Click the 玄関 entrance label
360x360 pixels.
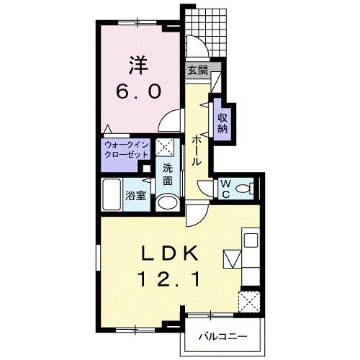[x=197, y=71]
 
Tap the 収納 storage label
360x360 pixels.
[x=222, y=123]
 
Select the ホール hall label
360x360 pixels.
[x=197, y=150]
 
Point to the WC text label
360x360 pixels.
[x=225, y=189]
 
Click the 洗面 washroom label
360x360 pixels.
[x=168, y=174]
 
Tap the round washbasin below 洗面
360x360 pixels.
[x=167, y=203]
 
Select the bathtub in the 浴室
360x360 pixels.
[x=111, y=195]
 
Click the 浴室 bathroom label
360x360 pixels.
[x=136, y=196]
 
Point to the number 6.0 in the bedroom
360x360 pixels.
[x=138, y=92]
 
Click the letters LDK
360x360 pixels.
[x=170, y=253]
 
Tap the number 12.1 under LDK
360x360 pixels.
[x=168, y=280]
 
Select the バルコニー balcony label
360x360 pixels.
[x=222, y=337]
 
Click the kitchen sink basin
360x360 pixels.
[x=251, y=240]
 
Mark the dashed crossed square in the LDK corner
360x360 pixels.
[x=249, y=302]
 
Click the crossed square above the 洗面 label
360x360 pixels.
[x=166, y=147]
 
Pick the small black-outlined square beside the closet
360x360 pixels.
[x=145, y=168]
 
